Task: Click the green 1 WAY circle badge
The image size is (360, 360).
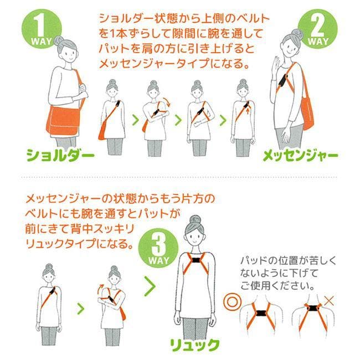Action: click(x=42, y=29)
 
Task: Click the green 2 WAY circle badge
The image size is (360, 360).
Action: click(x=318, y=29)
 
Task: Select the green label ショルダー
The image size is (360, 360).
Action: click(x=60, y=156)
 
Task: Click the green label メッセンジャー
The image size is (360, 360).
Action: click(x=300, y=156)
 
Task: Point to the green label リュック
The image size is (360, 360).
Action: click(x=195, y=345)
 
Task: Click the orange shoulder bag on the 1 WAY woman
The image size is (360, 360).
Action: click(x=64, y=121)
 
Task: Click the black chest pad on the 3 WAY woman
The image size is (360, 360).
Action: click(x=195, y=261)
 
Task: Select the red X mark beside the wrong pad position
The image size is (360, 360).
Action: click(x=329, y=301)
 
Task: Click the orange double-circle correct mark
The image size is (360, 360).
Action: click(x=233, y=302)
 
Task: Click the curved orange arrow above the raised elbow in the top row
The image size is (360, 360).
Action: click(x=167, y=102)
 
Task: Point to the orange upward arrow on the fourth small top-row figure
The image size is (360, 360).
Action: click(x=248, y=111)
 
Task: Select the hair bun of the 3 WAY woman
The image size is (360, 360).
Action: click(x=195, y=220)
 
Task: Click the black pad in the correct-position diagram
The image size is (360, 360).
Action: click(x=261, y=313)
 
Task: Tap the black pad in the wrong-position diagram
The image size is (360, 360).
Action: click(x=313, y=308)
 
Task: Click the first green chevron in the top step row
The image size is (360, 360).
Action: click(x=136, y=120)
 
